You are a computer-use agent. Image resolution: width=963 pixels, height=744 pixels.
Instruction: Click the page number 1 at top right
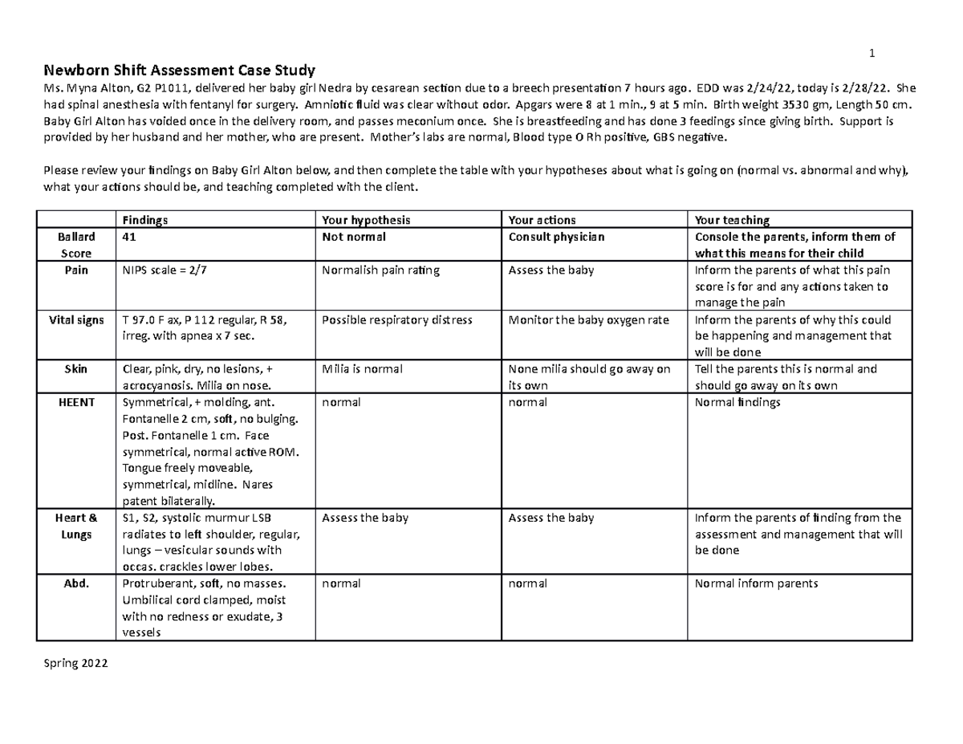click(x=872, y=54)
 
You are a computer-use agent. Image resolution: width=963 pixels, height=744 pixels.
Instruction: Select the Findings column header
click(x=145, y=219)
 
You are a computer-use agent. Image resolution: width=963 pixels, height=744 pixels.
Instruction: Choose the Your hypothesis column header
click(x=366, y=219)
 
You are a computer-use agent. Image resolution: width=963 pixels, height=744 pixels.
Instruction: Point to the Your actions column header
click(x=542, y=219)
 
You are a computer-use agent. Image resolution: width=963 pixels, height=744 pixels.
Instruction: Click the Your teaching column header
click(x=732, y=219)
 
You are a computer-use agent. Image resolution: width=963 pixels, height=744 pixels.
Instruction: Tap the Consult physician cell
click(x=556, y=237)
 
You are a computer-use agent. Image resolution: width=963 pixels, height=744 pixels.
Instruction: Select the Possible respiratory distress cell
click(x=396, y=319)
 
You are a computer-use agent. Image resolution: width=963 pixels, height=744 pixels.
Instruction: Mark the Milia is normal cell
click(x=362, y=369)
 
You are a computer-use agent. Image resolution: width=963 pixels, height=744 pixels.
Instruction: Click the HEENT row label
click(x=77, y=402)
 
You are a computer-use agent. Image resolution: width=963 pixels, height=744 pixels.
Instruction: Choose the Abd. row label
click(x=77, y=583)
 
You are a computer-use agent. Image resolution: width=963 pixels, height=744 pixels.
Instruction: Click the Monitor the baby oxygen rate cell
click(x=588, y=319)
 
